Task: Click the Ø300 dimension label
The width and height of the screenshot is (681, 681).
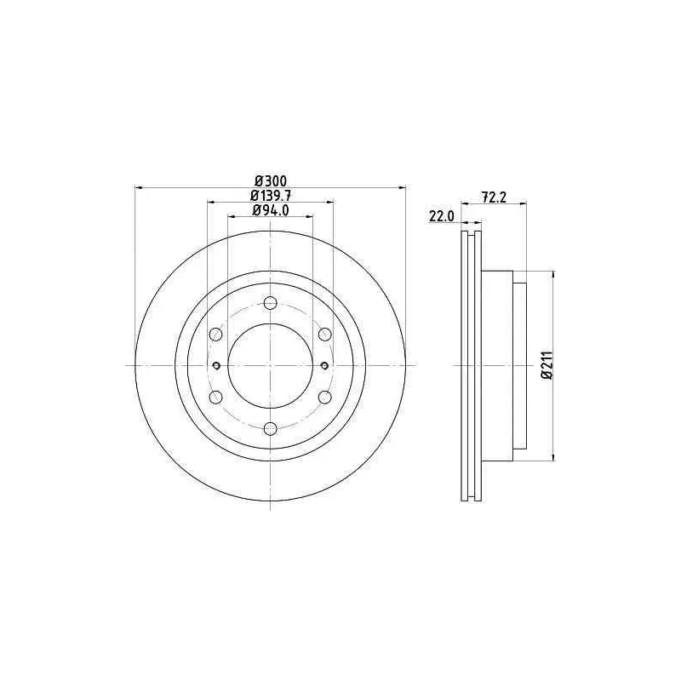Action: (271, 180)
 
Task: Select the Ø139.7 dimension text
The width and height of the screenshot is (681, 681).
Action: (271, 195)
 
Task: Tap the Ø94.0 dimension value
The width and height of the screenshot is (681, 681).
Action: (271, 210)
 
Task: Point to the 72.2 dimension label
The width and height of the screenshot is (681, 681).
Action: (494, 197)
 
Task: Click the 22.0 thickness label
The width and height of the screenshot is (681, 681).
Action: (441, 216)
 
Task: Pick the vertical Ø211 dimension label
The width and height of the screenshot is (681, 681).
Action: (547, 366)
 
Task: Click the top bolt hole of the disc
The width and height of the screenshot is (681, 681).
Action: (270, 303)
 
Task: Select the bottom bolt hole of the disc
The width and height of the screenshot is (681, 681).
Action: (270, 429)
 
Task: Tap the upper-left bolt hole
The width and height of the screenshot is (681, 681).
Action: (216, 335)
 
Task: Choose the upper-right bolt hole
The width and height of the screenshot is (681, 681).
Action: (325, 335)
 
